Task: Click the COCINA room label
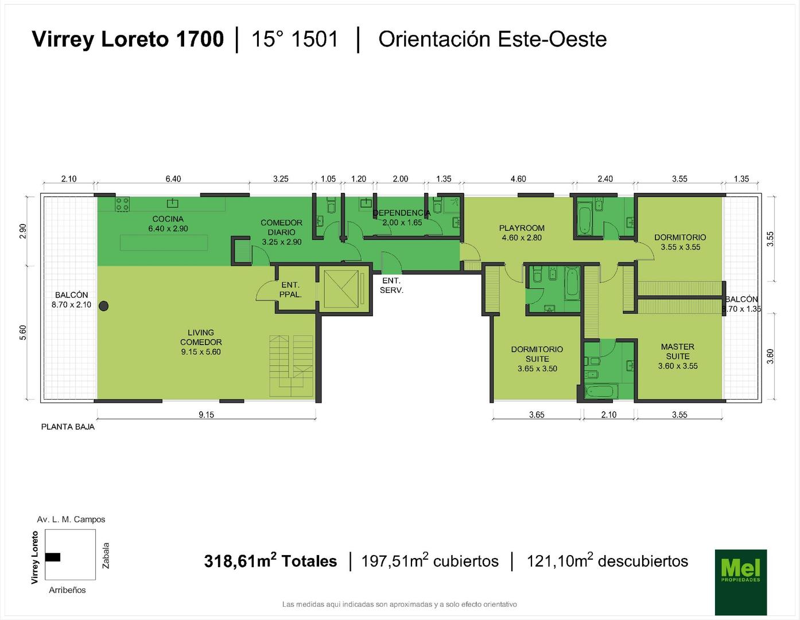click(168, 219)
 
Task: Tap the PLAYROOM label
click(522, 228)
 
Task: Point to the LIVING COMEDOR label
click(201, 337)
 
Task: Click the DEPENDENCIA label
click(401, 213)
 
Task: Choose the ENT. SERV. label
click(391, 285)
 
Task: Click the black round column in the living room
click(104, 306)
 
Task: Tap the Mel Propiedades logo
click(741, 582)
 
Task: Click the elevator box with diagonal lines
click(341, 288)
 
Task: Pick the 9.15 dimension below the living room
click(206, 414)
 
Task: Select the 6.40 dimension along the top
click(173, 179)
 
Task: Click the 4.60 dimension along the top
click(518, 179)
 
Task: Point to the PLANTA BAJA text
click(68, 427)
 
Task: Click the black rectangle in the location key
click(53, 557)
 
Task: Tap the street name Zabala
click(106, 555)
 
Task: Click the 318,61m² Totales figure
click(271, 561)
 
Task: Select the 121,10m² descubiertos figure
click(607, 561)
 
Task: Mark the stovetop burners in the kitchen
click(122, 204)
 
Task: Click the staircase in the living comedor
click(291, 366)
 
